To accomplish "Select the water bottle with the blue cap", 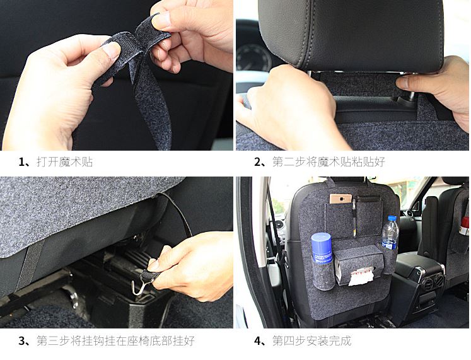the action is pyautogui.click(x=390, y=233).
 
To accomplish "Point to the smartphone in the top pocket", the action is pyautogui.click(x=340, y=199).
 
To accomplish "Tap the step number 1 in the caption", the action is pyautogui.click(x=22, y=162).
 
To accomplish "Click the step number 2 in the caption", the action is pyautogui.click(x=258, y=162).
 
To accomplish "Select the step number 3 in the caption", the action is pyautogui.click(x=22, y=341).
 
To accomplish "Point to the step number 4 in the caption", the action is pyautogui.click(x=258, y=341).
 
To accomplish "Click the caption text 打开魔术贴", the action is pyautogui.click(x=64, y=162).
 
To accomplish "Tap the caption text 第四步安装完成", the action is pyautogui.click(x=311, y=341).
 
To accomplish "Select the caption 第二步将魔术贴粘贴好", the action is pyautogui.click(x=329, y=162).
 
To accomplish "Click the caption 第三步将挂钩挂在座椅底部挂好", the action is pyautogui.click(x=115, y=341).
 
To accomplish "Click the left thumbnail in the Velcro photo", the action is pyautogui.click(x=112, y=50).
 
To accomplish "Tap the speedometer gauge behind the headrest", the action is pyautogui.click(x=253, y=59).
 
